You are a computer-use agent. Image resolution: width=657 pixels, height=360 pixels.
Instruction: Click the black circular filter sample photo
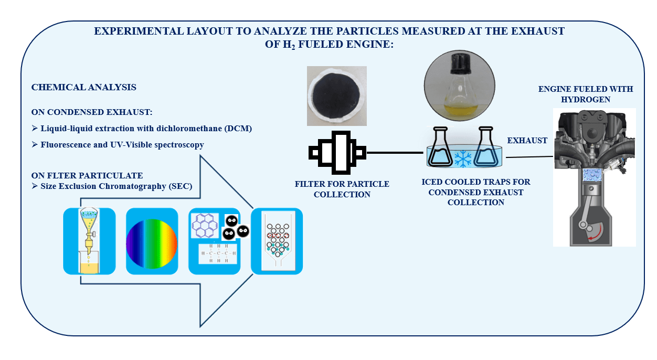tap(337, 96)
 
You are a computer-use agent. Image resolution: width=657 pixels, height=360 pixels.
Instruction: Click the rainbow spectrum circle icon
tap(152, 241)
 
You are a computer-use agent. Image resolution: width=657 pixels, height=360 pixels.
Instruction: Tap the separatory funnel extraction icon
tap(89, 241)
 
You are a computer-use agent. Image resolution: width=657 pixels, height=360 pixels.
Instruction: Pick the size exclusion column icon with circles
tap(277, 241)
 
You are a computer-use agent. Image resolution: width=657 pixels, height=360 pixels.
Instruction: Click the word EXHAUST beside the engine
tap(527, 141)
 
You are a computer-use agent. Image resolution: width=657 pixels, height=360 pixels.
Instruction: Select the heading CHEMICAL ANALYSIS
tap(84, 88)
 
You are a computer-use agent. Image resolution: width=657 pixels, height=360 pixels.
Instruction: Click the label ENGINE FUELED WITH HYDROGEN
tap(586, 94)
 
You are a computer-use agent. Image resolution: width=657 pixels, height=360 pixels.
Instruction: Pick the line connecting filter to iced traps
tap(395, 153)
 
